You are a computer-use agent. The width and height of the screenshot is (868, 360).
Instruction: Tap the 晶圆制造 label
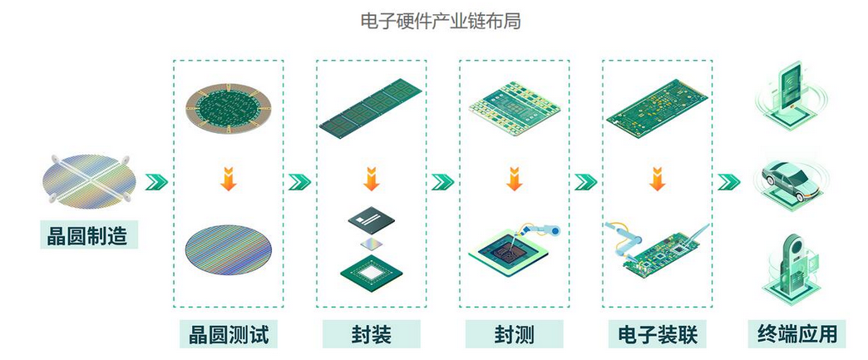coord(88,236)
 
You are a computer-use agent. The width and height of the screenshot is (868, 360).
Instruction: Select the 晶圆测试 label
coord(228,334)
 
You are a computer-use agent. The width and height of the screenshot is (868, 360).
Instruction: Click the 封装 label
coord(371,334)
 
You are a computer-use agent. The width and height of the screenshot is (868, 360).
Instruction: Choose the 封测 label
coord(514,334)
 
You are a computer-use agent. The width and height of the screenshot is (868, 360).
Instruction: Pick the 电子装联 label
coord(657,334)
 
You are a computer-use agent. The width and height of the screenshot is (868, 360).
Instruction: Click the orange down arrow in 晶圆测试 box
coord(228,179)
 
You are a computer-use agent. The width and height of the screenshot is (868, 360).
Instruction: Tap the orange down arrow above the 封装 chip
coord(372,179)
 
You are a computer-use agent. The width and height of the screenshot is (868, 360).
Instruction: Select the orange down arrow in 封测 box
coord(515,179)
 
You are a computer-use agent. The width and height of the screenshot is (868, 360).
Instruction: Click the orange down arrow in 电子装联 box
coord(658,179)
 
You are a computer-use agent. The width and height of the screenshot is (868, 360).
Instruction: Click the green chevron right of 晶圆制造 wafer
coord(155,181)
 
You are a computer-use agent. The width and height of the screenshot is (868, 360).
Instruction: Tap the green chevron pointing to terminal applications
coord(728,181)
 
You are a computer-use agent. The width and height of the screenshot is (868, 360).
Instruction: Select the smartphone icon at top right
coord(789,88)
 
